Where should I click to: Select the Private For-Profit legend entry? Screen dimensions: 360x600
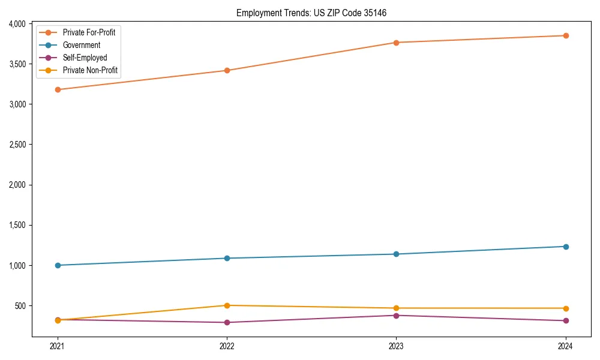(89, 32)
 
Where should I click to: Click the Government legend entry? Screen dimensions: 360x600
(82, 45)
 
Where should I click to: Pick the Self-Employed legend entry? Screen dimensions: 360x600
(85, 58)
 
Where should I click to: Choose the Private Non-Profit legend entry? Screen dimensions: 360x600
(90, 70)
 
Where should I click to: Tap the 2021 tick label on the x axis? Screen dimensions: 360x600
(58, 346)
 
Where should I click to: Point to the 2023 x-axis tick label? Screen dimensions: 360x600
(396, 346)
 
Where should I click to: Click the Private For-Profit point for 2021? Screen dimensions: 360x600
(58, 89)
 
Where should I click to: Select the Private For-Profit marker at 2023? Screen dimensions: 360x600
(396, 43)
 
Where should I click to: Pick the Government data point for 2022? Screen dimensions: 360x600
(227, 259)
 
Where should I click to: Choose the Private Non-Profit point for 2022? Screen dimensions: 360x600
(227, 305)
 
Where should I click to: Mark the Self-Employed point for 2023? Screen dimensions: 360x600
(396, 316)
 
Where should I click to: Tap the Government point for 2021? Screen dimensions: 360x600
(58, 265)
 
